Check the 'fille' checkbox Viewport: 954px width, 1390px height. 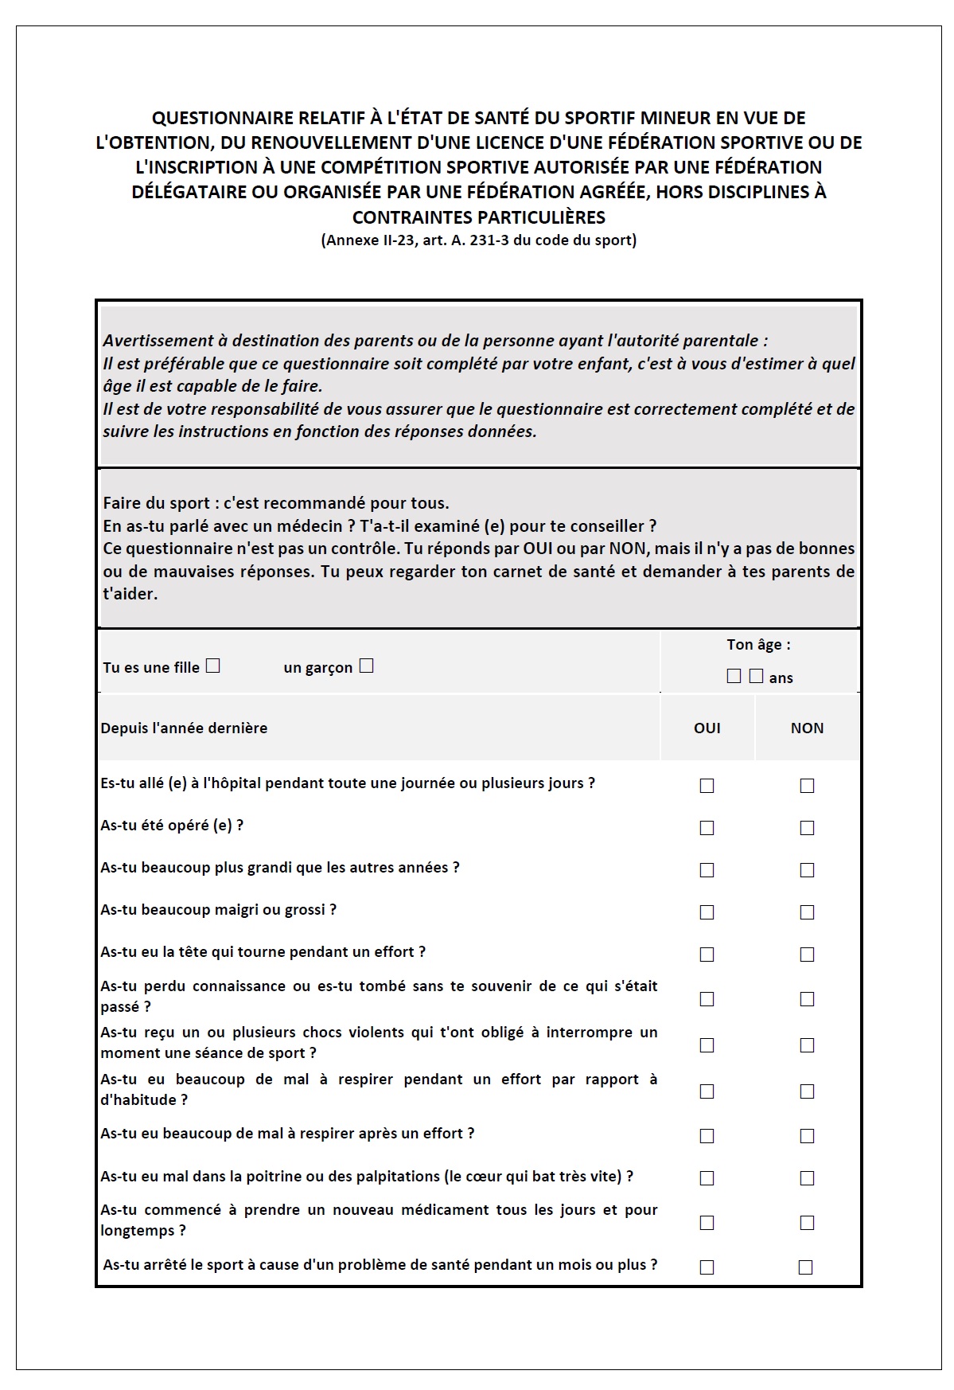coord(212,666)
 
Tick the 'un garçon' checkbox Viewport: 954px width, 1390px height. coord(366,666)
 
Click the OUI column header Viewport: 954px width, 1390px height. coord(707,728)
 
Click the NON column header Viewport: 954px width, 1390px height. coord(807,728)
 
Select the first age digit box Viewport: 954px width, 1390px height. coord(734,676)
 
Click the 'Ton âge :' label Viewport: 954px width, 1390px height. coord(758,645)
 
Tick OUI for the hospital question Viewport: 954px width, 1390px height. coord(707,786)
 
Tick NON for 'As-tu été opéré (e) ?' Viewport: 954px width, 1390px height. coord(807,828)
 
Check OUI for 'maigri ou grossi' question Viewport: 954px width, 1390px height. coord(707,912)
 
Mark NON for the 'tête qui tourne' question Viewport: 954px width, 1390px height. coord(807,955)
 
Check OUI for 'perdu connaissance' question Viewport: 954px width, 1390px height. coord(707,999)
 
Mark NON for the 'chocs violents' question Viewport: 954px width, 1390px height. coord(807,1045)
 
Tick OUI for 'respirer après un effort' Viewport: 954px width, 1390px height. coord(707,1136)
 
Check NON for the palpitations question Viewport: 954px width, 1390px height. coord(807,1178)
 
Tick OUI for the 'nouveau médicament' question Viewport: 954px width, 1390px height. coord(707,1223)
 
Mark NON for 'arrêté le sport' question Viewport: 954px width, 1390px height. coord(805,1267)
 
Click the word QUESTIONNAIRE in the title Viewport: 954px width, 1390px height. coord(223,118)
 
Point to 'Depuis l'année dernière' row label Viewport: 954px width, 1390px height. coord(184,728)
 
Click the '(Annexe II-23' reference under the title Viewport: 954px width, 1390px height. coord(368,240)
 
